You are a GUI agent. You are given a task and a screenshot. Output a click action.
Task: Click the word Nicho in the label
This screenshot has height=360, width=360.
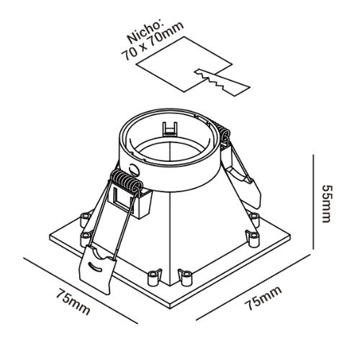(145, 32)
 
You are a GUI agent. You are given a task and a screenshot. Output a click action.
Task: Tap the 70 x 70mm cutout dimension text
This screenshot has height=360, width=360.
(153, 41)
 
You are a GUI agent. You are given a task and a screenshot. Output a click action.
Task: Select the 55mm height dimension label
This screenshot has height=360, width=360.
(328, 204)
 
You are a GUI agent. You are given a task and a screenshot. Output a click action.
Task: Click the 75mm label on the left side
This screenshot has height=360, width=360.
(73, 302)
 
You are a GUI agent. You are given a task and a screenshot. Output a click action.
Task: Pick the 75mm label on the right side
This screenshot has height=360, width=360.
(264, 298)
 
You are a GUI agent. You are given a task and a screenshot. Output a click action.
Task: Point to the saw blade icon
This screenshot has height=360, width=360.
(222, 82)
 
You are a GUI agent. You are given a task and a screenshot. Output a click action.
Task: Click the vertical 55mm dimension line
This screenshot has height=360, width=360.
(313, 202)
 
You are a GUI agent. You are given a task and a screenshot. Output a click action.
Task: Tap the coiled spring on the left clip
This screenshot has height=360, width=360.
(126, 181)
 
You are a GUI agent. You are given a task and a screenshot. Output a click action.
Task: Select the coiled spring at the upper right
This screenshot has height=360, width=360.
(222, 133)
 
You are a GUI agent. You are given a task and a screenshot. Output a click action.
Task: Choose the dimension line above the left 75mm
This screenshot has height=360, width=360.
(81, 291)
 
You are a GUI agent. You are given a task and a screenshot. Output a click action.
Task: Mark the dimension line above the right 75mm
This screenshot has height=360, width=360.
(252, 287)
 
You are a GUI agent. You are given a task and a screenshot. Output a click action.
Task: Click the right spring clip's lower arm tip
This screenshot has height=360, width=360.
(258, 207)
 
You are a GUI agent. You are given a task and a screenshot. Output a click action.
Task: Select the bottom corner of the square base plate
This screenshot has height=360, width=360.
(171, 308)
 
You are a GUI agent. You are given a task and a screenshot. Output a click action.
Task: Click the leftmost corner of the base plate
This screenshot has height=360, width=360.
(49, 236)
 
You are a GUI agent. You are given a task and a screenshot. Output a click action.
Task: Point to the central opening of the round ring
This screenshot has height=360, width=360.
(170, 153)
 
